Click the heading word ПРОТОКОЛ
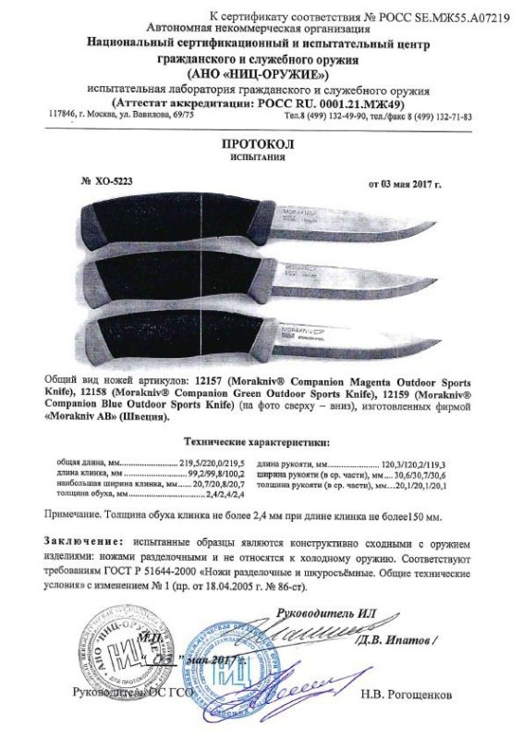261,145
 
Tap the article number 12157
215,382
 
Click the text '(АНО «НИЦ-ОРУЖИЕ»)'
260,73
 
